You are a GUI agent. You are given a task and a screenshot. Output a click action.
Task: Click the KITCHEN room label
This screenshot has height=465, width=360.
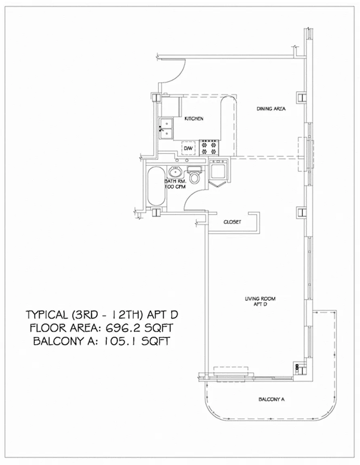(x=194, y=119)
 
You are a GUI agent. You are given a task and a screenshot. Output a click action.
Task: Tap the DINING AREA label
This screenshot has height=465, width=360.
(x=271, y=109)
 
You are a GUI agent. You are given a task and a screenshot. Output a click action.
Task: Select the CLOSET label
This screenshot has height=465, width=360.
(x=232, y=222)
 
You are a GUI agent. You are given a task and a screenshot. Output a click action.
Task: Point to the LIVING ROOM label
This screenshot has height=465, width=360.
(x=260, y=299)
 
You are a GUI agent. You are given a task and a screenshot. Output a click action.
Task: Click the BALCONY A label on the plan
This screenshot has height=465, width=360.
(x=272, y=400)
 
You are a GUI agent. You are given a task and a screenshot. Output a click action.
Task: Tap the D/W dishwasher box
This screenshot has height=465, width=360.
(x=188, y=148)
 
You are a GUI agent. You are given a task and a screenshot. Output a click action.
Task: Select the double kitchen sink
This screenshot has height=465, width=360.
(x=166, y=128)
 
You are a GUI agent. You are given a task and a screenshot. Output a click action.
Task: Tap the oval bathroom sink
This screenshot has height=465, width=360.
(x=175, y=172)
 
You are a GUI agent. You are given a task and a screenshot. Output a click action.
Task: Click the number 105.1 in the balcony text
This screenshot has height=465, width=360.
(x=120, y=341)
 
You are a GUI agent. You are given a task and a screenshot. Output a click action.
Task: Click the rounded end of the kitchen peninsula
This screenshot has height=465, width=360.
(x=228, y=102)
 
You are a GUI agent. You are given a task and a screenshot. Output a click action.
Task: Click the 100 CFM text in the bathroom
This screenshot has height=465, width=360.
(x=175, y=187)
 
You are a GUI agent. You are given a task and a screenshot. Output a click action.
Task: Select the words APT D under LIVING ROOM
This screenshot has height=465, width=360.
(x=260, y=304)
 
